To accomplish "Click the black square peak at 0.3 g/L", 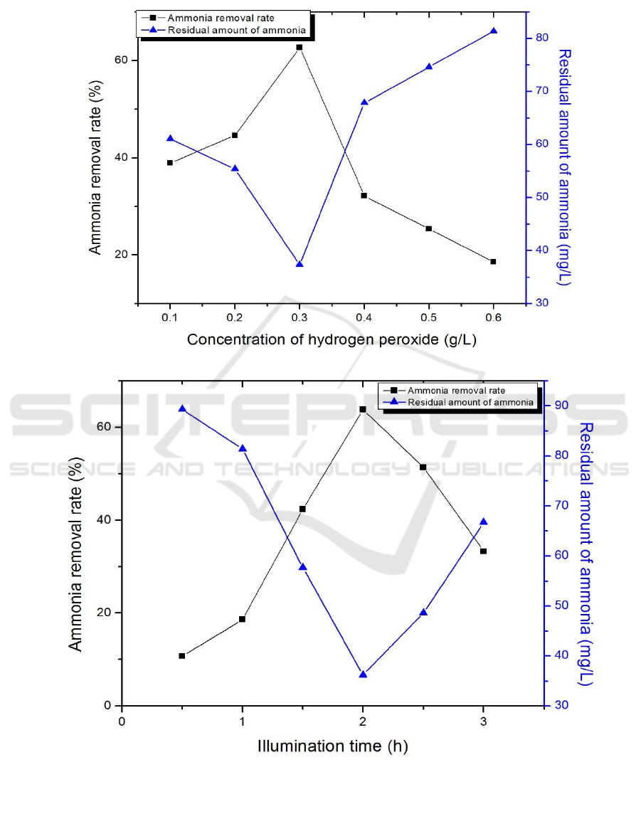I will (300, 47).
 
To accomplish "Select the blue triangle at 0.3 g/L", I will (300, 264).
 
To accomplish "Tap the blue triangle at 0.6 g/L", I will (494, 31).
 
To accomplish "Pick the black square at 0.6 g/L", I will (493, 262).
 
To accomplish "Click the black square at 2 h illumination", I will (363, 409).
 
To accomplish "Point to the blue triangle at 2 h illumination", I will (363, 674).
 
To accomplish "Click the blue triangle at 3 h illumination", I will (484, 522).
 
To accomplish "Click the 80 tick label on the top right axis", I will (543, 38).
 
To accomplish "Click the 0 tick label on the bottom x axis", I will (122, 720).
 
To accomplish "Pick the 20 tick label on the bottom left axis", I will (105, 613).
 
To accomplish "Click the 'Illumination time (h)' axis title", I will (333, 746).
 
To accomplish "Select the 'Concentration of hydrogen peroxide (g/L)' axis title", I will (332, 339).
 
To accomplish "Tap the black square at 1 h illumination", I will (243, 619).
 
